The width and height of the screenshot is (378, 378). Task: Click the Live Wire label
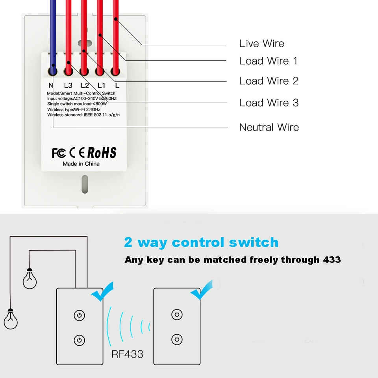point(261,44)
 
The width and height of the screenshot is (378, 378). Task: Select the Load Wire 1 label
point(268,61)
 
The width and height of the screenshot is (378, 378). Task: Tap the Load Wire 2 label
point(269,81)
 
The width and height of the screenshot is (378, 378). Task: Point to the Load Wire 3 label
point(269,103)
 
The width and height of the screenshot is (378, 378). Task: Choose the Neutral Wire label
point(269,128)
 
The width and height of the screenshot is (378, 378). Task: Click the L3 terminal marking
point(68,85)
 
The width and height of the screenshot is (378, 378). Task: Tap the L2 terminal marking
point(85,85)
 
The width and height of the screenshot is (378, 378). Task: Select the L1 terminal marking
point(101,85)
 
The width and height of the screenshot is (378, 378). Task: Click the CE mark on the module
point(77,153)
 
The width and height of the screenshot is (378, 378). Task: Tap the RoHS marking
point(102,153)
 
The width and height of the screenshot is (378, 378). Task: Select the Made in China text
point(81,164)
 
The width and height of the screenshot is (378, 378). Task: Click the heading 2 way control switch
point(201,242)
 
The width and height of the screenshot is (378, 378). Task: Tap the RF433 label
point(127,354)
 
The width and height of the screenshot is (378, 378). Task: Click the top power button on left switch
point(80,315)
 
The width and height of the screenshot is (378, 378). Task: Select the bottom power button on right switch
point(177,339)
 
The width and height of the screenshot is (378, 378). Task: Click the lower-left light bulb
point(11,319)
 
